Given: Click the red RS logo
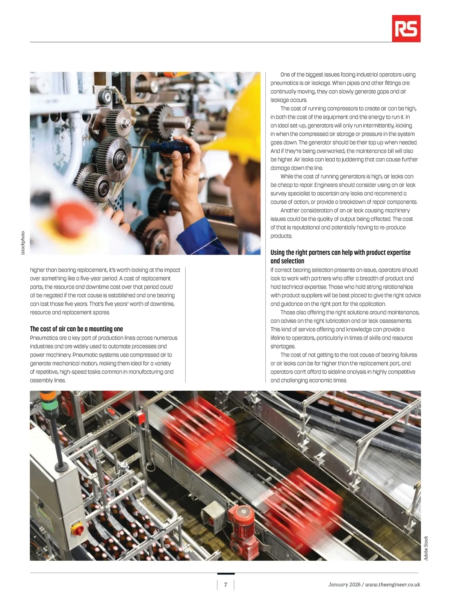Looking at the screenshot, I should coord(406,29).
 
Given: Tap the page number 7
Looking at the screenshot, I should coord(225,584).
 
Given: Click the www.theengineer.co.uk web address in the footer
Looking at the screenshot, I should coord(393,585).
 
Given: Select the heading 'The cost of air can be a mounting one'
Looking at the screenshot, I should coord(76,329).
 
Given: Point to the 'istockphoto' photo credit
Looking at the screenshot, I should coord(23,243).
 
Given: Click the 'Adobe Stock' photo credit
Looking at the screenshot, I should coord(426,548).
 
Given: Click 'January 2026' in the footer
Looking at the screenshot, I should coord(344,585).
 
